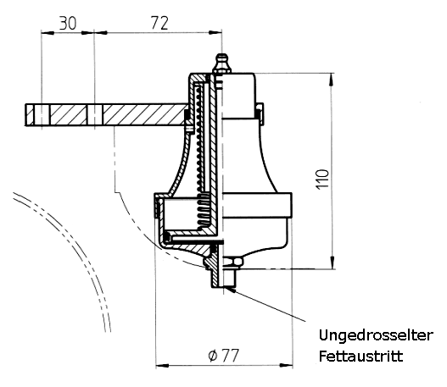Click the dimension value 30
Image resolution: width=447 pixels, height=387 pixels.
[68, 24]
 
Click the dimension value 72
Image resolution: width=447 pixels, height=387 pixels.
[159, 23]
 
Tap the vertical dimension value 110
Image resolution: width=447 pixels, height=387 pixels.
[322, 179]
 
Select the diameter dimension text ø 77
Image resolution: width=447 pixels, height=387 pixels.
[223, 355]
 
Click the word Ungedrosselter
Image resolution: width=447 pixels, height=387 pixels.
[376, 336]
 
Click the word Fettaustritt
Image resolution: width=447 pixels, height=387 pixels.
[360, 357]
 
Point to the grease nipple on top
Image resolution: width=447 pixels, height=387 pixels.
[222, 64]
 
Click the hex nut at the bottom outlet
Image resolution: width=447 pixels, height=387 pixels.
[233, 262]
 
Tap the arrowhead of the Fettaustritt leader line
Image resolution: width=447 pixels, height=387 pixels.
[230, 289]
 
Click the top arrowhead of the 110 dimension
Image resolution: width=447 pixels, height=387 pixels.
[332, 79]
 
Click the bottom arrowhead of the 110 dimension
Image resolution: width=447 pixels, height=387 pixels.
[332, 263]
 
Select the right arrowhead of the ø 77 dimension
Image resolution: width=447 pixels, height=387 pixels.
[286, 365]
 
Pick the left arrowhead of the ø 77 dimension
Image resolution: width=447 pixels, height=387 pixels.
[163, 365]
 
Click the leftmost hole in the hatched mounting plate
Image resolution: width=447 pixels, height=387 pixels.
[42, 115]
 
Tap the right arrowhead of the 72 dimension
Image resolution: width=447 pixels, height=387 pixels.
[215, 32]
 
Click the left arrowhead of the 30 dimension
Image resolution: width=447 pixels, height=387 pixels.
[47, 33]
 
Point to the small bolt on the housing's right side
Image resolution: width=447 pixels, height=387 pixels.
[260, 114]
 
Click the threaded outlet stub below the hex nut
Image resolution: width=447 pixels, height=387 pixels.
[230, 277]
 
